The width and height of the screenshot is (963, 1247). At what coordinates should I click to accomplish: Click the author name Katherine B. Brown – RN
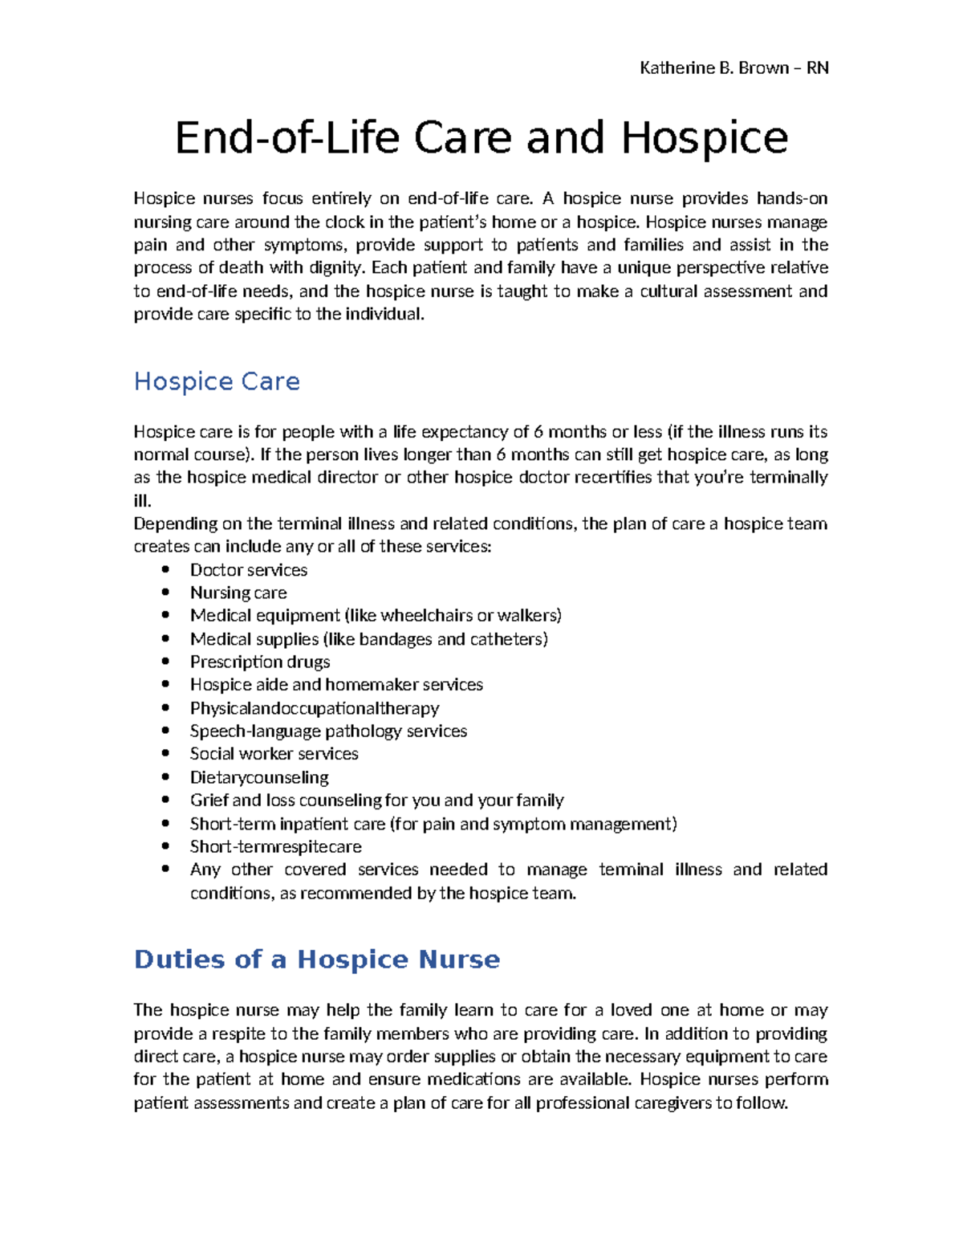pyautogui.click(x=733, y=68)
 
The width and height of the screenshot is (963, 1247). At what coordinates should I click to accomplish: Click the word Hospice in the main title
pyautogui.click(x=704, y=138)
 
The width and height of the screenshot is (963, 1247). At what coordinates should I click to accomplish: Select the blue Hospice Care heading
pyautogui.click(x=217, y=381)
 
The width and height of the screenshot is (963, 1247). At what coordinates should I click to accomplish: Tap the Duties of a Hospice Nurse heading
pyautogui.click(x=316, y=960)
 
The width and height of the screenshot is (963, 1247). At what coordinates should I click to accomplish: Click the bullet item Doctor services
pyautogui.click(x=248, y=570)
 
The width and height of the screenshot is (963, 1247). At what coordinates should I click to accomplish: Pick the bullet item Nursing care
pyautogui.click(x=238, y=593)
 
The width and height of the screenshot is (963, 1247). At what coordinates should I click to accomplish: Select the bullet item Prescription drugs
pyautogui.click(x=259, y=662)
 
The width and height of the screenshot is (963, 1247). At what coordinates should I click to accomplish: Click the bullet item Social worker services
pyautogui.click(x=274, y=754)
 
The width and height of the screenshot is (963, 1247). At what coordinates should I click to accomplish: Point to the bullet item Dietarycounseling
pyautogui.click(x=258, y=777)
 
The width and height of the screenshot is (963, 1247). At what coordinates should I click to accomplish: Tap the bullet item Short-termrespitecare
pyautogui.click(x=275, y=847)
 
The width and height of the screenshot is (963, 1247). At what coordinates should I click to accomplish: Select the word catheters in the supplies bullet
pyautogui.click(x=508, y=639)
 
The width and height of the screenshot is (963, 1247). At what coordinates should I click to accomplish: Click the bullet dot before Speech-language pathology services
pyautogui.click(x=165, y=731)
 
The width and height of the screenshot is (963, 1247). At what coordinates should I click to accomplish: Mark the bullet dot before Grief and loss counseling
pyautogui.click(x=165, y=800)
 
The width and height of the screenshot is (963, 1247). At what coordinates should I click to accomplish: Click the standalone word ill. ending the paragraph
pyautogui.click(x=141, y=501)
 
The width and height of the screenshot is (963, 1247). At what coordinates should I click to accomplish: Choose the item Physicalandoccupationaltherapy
pyautogui.click(x=314, y=708)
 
